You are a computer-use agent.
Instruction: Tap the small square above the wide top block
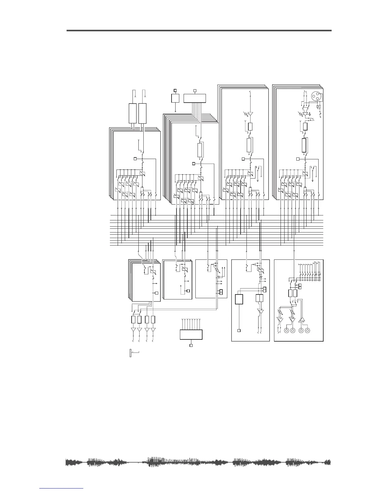[x=195, y=91]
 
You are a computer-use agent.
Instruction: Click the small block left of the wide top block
[x=175, y=98]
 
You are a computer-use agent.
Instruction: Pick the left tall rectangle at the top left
[x=133, y=113]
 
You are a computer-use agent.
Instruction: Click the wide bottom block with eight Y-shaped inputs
[x=191, y=335]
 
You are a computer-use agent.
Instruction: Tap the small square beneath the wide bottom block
[x=191, y=345]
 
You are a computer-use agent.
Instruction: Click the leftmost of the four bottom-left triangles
[x=133, y=330]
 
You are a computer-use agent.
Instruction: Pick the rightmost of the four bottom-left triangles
[x=153, y=330]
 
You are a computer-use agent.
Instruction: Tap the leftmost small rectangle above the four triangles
[x=133, y=320]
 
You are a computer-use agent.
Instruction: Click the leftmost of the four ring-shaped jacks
[x=286, y=331]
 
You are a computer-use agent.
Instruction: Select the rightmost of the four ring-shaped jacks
[x=307, y=331]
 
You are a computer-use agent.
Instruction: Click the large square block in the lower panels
[x=239, y=299]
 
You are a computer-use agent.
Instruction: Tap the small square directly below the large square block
[x=239, y=331]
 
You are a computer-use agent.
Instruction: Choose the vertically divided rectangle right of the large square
[x=259, y=299]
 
